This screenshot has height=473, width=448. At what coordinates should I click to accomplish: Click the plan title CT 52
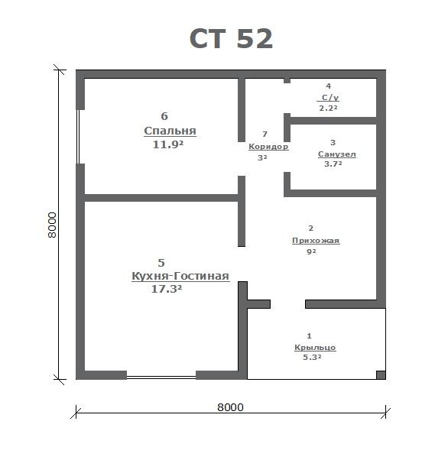pos(231,38)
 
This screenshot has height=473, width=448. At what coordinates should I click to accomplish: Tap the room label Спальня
pos(170,131)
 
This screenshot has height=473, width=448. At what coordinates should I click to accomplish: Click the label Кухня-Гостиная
pos(180,276)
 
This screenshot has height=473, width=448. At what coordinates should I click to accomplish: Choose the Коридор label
pos(268,147)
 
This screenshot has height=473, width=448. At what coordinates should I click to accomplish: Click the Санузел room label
pos(337,154)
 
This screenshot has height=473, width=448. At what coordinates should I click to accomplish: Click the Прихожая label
pos(316,241)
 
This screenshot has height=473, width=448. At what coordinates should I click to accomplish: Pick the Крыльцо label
pos(315,348)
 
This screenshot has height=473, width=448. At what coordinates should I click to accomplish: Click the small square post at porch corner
pos(381,375)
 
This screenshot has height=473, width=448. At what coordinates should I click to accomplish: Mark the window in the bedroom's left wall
pos(78,137)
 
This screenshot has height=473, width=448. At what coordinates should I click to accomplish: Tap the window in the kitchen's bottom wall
pos(161,377)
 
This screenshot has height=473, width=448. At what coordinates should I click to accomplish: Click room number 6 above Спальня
pos(164,116)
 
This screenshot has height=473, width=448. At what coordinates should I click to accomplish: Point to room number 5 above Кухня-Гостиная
pos(161,263)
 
